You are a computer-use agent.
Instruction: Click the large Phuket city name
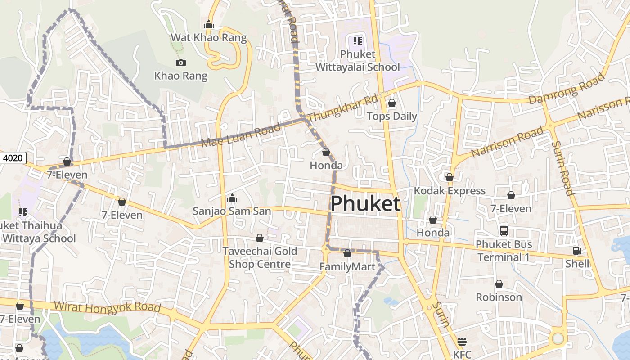click(x=365, y=204)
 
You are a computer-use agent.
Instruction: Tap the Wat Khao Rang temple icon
click(x=208, y=24)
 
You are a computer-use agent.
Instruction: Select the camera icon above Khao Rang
click(x=180, y=63)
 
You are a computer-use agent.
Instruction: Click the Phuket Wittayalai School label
click(x=358, y=61)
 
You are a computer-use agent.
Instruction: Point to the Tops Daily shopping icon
click(x=391, y=103)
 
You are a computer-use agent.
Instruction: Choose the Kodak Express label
click(x=450, y=191)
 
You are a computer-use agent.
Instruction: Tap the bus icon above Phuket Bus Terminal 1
click(x=504, y=231)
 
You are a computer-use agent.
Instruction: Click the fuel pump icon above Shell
click(x=577, y=251)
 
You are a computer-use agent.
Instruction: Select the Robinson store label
click(x=499, y=297)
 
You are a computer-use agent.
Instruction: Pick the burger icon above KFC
click(x=462, y=341)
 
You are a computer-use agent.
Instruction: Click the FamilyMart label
click(x=347, y=267)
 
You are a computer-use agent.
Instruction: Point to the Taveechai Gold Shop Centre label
click(x=260, y=257)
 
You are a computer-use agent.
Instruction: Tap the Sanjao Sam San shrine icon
click(x=232, y=198)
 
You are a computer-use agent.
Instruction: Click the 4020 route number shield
click(x=13, y=158)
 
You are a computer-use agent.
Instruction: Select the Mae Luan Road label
click(x=241, y=135)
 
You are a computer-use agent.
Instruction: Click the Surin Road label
click(x=563, y=168)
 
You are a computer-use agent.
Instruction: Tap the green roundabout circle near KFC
click(x=558, y=338)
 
